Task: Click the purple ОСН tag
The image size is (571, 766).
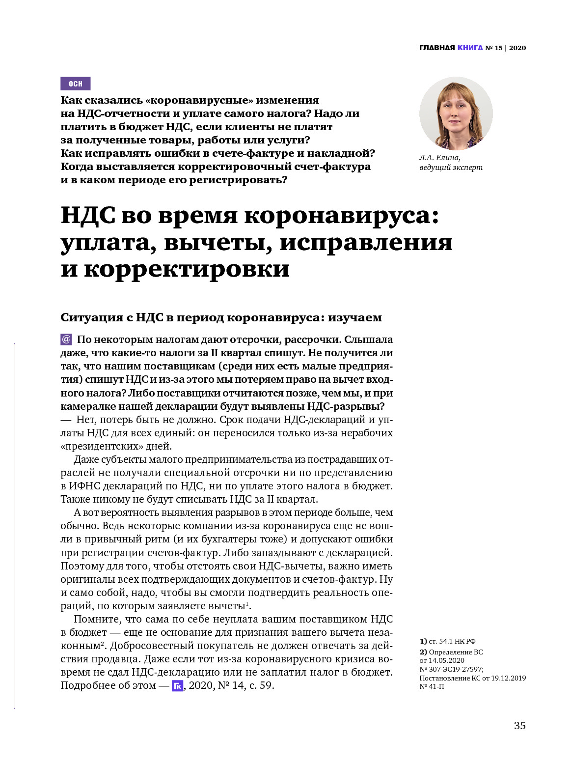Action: coord(76,84)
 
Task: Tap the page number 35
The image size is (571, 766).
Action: coord(519,726)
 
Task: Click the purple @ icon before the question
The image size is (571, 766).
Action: coord(66,339)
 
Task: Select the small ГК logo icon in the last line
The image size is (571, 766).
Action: coord(177,686)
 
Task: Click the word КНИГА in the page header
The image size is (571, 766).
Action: coord(470,48)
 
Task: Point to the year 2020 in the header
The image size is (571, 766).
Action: coord(517,48)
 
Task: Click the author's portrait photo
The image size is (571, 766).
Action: coord(456,113)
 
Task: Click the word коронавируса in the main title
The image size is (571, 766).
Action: coord(341,216)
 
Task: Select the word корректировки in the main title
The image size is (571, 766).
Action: coord(187,269)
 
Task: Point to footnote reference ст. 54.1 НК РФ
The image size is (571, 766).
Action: coord(452,641)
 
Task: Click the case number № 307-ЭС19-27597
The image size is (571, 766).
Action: coord(451,669)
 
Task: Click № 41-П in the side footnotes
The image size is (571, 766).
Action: coord(432,686)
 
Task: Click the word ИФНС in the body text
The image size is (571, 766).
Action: coord(82,486)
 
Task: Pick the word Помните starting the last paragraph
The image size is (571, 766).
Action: coord(97,619)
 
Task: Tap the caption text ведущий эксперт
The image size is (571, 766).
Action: coord(451,168)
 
